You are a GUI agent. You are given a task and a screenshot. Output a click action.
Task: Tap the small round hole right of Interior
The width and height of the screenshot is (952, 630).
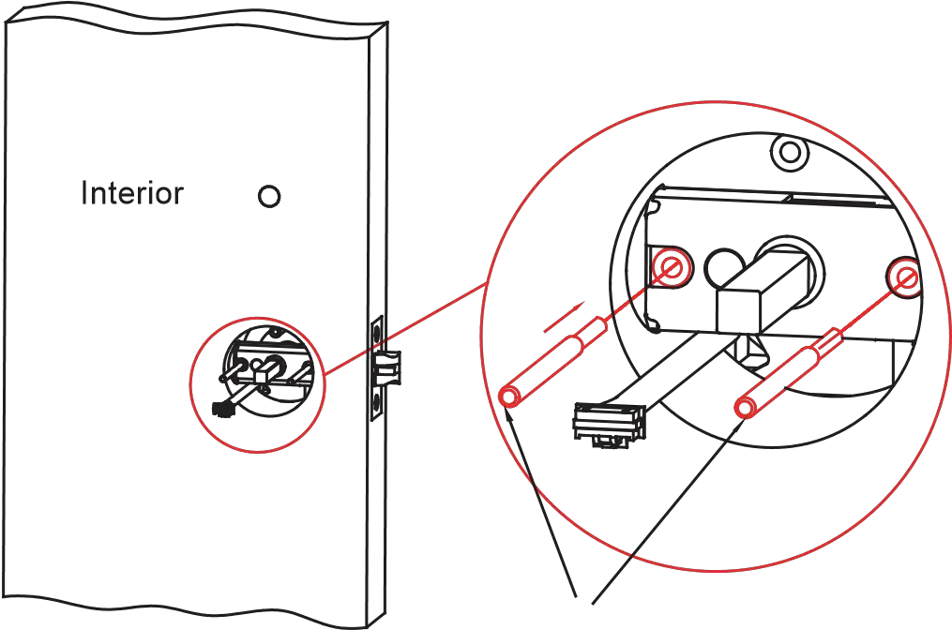(x=269, y=197)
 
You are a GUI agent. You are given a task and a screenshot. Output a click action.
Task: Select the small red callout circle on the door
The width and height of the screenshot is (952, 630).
(x=256, y=386)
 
